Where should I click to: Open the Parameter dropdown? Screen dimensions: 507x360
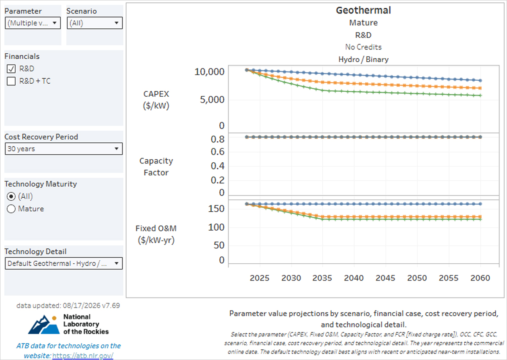pos(33,23)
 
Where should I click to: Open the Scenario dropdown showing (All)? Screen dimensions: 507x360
pos(95,23)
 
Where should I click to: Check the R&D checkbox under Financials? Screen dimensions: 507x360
pos(11,68)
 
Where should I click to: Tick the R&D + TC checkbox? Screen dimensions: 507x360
pos(11,81)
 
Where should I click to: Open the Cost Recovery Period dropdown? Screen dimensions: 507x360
pos(64,149)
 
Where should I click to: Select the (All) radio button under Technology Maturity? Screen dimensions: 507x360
pos(11,196)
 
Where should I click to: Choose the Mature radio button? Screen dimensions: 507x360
pos(11,209)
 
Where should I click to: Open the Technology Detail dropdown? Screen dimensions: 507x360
pos(64,263)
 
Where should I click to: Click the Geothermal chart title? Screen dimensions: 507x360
pos(363,11)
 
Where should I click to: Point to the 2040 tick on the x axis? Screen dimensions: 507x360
pos(354,278)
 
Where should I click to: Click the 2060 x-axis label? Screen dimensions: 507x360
pos(480,278)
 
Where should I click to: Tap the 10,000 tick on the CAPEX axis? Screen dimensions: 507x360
pos(210,72)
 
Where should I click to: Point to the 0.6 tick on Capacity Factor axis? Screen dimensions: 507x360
pos(218,152)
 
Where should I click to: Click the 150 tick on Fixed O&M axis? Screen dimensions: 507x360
pos(216,209)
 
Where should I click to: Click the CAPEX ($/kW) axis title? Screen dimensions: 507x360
pos(156,100)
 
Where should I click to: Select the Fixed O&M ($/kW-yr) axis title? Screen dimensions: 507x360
pos(156,235)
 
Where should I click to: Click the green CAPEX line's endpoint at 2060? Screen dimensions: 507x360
pos(480,95)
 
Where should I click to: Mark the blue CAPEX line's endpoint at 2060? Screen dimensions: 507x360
pos(480,80)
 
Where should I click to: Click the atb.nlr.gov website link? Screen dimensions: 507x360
pos(83,356)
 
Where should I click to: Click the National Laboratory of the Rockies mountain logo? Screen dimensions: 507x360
pos(44,325)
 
